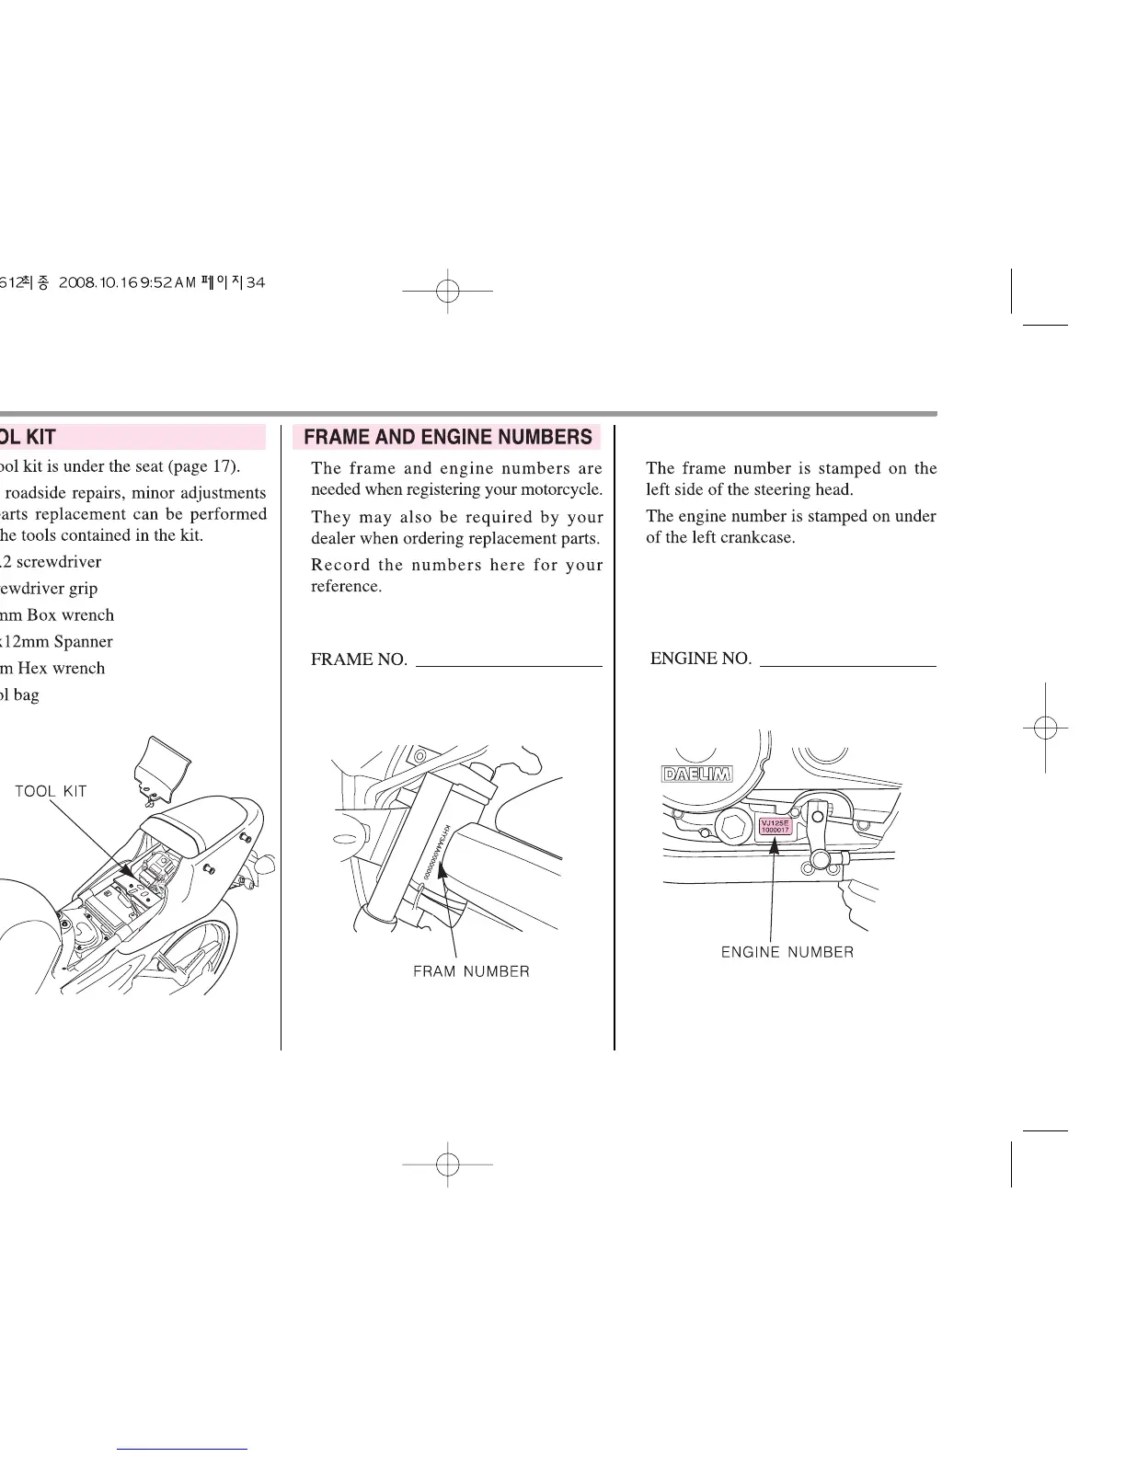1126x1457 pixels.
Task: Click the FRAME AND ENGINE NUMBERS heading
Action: click(447, 437)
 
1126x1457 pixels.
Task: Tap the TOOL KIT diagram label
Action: click(51, 791)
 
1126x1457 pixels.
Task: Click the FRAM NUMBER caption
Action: click(471, 971)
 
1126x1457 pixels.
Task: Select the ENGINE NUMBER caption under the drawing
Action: click(787, 952)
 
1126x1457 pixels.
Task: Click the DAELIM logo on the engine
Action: click(696, 774)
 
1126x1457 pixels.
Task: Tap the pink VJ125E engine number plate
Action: click(774, 825)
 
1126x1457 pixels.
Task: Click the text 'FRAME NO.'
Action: click(359, 660)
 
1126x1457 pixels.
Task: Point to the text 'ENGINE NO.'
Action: click(700, 659)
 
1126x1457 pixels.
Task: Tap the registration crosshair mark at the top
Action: click(448, 291)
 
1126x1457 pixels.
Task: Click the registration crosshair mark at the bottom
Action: click(448, 1164)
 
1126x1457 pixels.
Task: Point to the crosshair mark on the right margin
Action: click(1045, 727)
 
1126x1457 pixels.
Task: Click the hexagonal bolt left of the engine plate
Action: click(734, 827)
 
